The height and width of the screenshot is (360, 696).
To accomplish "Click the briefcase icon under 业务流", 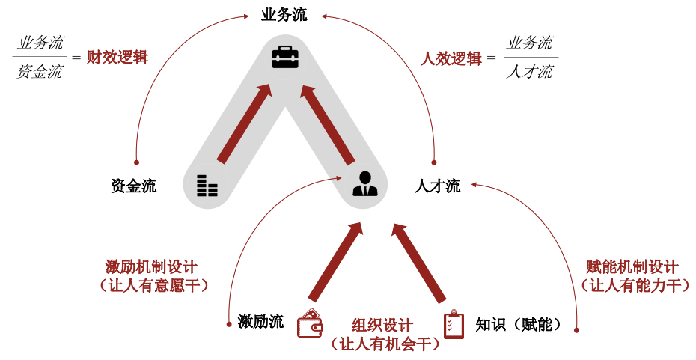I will pyautogui.click(x=284, y=58).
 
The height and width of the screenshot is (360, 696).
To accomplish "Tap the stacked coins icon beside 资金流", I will pyautogui.click(x=207, y=185).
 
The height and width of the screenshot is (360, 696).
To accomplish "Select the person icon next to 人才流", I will pyautogui.click(x=365, y=183).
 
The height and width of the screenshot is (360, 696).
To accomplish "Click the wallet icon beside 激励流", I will pyautogui.click(x=310, y=323).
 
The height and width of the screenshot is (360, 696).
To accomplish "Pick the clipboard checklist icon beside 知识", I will pyautogui.click(x=454, y=324).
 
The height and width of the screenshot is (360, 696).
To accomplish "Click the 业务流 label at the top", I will pyautogui.click(x=284, y=15).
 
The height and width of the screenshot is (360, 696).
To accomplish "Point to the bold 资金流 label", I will pyautogui.click(x=133, y=186).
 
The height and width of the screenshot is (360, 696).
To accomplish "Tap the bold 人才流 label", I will pyautogui.click(x=437, y=186).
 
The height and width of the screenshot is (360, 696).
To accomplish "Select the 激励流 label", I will pyautogui.click(x=260, y=323).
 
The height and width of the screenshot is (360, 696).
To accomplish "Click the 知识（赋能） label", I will pyautogui.click(x=518, y=324).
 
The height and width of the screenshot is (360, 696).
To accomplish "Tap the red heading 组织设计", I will pyautogui.click(x=382, y=326).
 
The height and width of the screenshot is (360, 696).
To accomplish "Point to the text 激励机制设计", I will pyautogui.click(x=151, y=267).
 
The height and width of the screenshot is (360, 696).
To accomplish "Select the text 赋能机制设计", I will pyautogui.click(x=632, y=267).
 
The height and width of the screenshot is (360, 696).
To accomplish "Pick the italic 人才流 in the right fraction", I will pyautogui.click(x=529, y=73).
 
